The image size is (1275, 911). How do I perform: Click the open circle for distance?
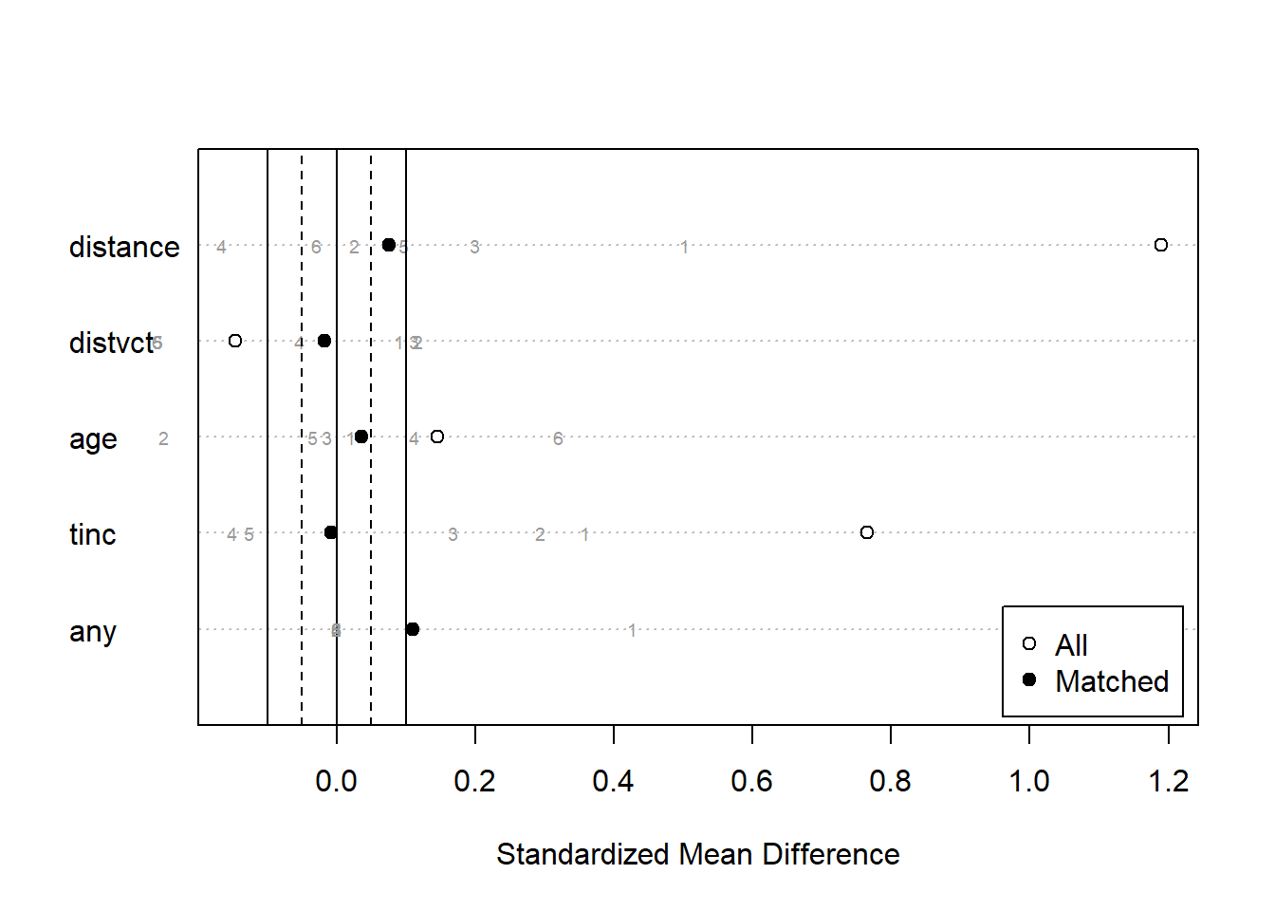[x=1160, y=245]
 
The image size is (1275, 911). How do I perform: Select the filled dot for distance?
[x=388, y=245]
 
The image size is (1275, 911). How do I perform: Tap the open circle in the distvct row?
[x=235, y=341]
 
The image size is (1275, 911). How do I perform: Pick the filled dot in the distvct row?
[x=324, y=341]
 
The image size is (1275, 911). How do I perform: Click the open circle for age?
[x=436, y=437]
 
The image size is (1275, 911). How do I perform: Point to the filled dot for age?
[x=360, y=437]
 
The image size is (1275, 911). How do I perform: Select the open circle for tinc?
[x=866, y=532]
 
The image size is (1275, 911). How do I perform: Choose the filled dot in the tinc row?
[x=330, y=532]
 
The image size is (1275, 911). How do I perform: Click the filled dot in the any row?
[x=412, y=629]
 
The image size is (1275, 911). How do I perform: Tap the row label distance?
[x=124, y=247]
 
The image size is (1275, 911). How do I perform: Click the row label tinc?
[x=92, y=534]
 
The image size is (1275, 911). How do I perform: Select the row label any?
[x=92, y=631]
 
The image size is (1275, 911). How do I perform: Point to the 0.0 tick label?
[x=336, y=781]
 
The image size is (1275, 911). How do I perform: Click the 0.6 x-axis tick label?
[x=751, y=781]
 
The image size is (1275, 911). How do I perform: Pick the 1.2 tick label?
[x=1168, y=781]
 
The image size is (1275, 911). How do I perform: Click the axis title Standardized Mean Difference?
[x=697, y=854]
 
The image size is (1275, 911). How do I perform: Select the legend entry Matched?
[x=1111, y=681]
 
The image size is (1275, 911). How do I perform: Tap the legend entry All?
[x=1071, y=645]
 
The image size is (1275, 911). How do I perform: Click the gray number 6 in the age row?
[x=558, y=438]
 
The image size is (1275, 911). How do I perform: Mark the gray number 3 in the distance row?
[x=474, y=247]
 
